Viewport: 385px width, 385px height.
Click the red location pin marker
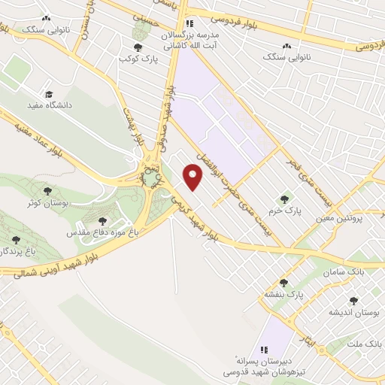coord(194,178)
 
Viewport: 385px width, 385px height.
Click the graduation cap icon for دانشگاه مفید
coord(50,95)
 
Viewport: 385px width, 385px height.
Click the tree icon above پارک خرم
coord(284,200)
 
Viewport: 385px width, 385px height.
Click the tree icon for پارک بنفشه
coord(283,283)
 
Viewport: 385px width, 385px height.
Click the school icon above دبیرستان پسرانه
coord(264,350)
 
